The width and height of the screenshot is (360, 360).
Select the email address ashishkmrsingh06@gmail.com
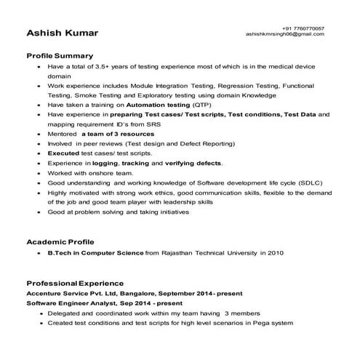pyautogui.click(x=284, y=34)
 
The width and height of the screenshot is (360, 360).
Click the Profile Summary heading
pyautogui.click(x=60, y=55)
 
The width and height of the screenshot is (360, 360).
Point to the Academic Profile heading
pyautogui.click(x=60, y=241)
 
